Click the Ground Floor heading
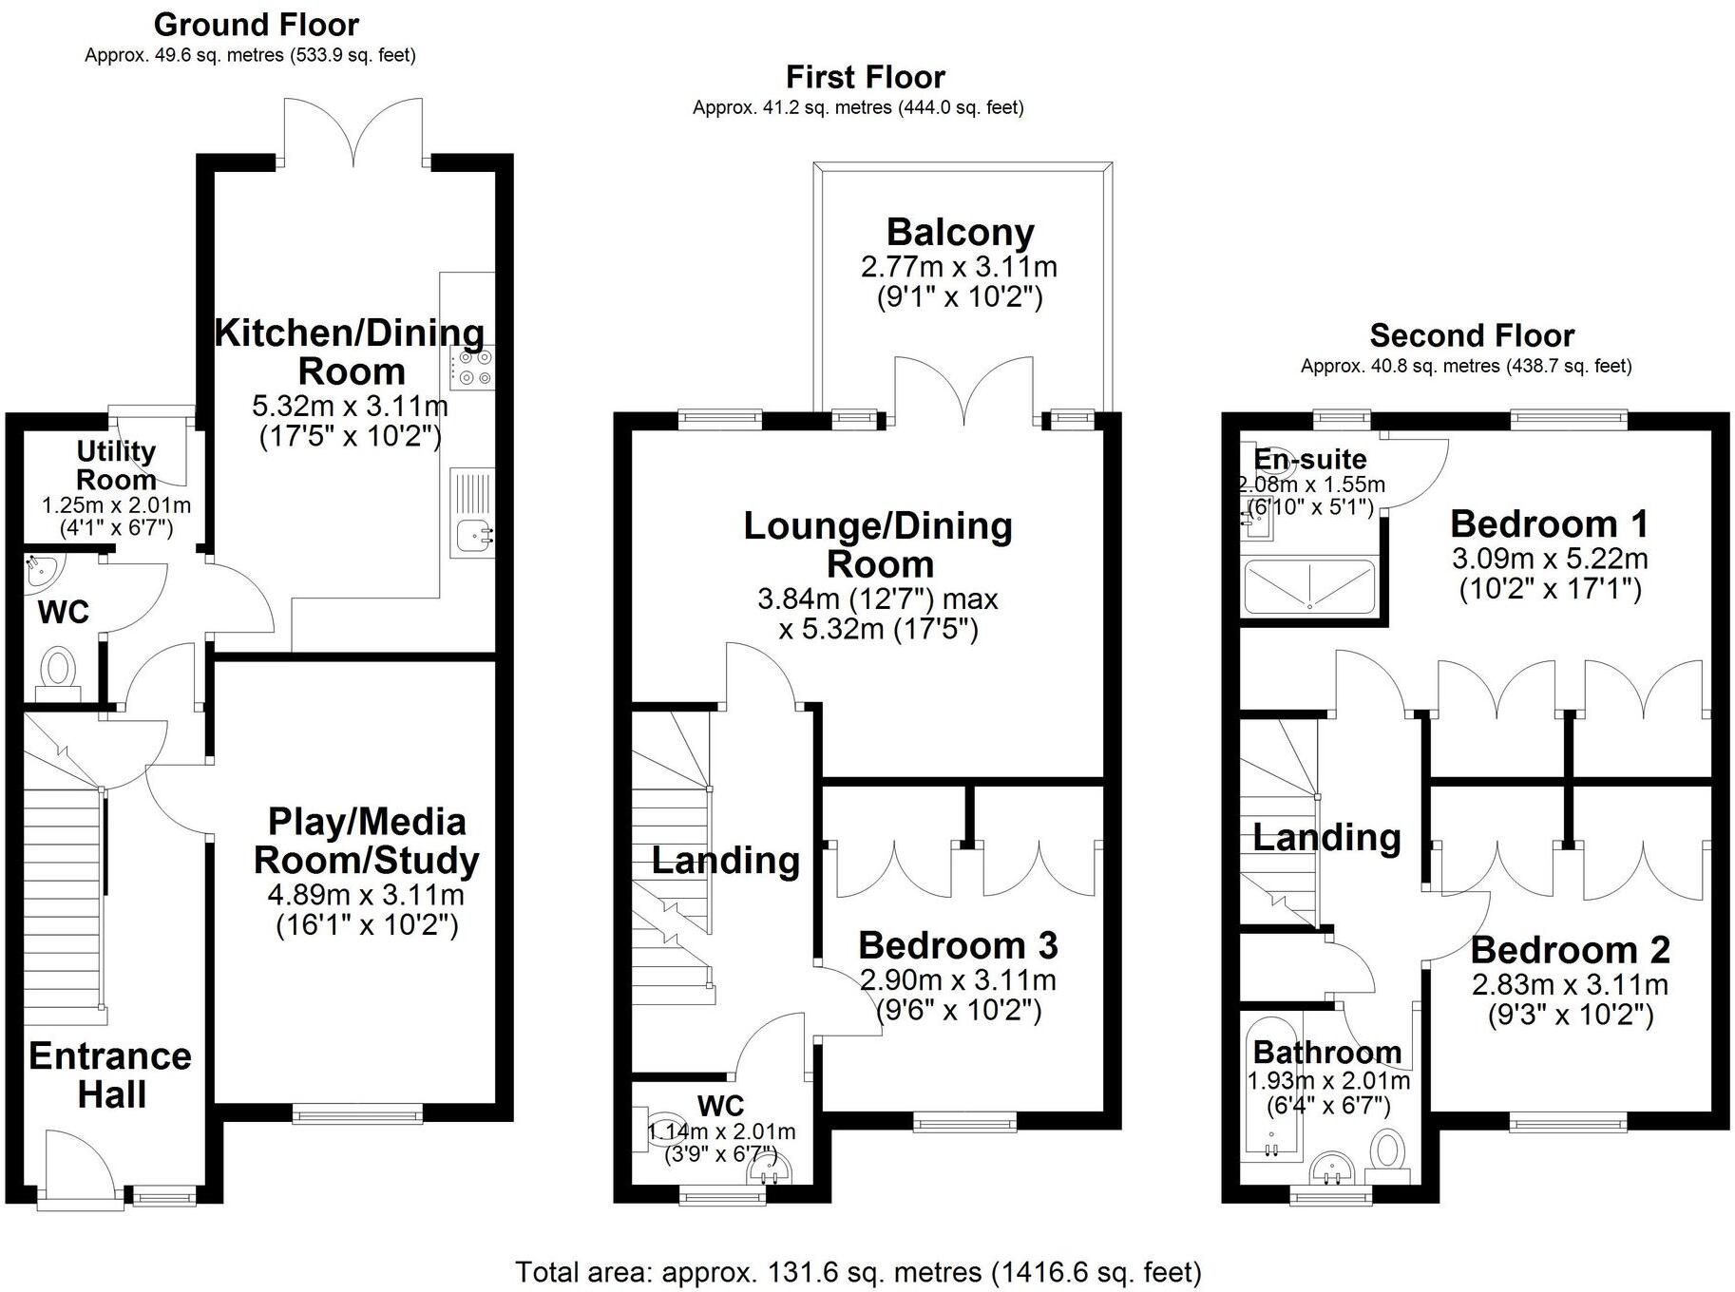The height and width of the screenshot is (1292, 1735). click(x=256, y=25)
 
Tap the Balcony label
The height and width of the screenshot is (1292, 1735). click(x=960, y=233)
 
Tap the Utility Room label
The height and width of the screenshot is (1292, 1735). click(x=116, y=465)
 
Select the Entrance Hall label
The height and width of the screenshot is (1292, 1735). click(x=110, y=1074)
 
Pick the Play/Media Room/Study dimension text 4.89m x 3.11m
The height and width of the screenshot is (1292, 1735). click(x=367, y=895)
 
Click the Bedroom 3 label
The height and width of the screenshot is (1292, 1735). click(x=957, y=945)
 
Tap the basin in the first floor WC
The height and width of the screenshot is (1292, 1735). click(x=766, y=1171)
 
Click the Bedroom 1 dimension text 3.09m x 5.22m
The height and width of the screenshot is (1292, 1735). click(x=1550, y=559)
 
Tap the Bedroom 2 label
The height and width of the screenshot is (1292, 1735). click(x=1570, y=950)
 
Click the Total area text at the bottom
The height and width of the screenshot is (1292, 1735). click(x=858, y=1271)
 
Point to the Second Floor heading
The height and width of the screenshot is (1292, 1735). click(x=1471, y=335)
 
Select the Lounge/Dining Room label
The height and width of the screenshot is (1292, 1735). click(x=878, y=544)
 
